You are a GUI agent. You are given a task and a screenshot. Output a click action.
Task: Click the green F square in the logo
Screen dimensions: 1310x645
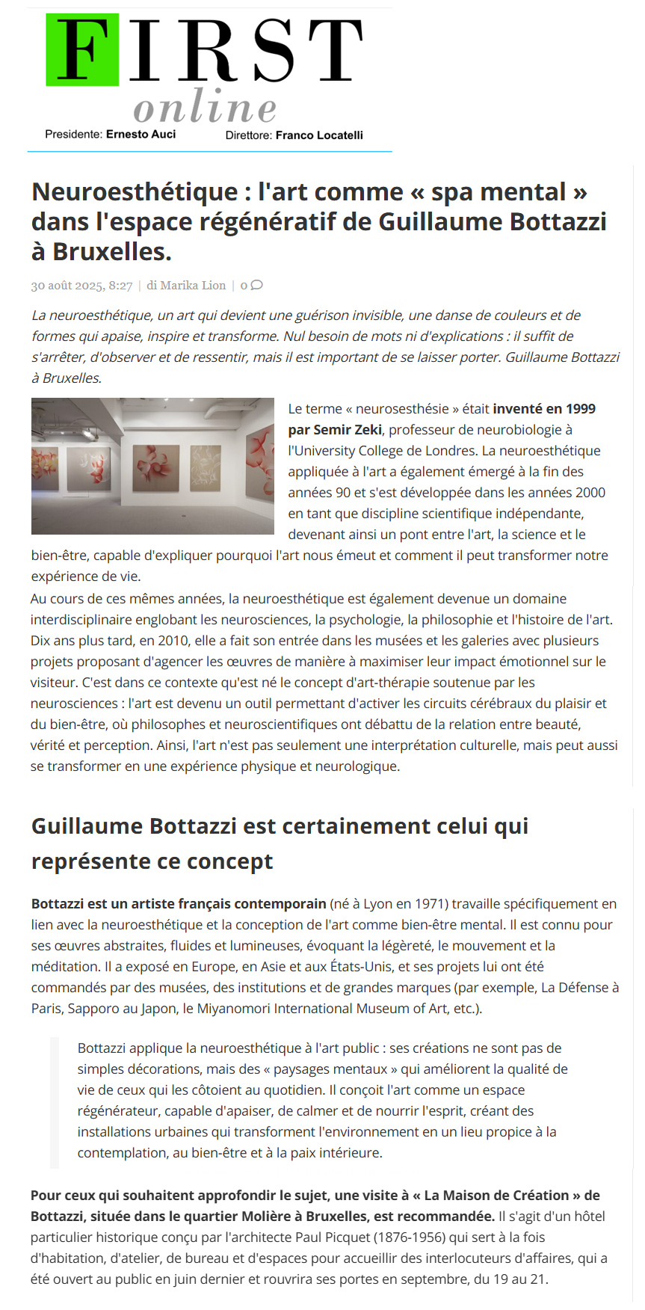point(82,50)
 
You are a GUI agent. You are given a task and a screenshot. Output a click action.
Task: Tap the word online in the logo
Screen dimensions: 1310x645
point(205,107)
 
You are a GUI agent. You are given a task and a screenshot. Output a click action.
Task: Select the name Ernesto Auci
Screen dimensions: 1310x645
point(141,135)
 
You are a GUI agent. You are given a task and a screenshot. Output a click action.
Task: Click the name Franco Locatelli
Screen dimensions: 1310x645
point(319,135)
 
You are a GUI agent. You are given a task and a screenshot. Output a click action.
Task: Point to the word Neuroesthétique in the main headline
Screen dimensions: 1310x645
point(135,192)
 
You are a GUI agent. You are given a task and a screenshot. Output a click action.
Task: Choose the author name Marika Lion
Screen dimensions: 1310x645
point(193,286)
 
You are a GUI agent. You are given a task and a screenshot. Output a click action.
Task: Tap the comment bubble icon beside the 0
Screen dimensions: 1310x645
point(257,285)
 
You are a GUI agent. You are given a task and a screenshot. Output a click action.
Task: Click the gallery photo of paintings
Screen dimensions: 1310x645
point(152,466)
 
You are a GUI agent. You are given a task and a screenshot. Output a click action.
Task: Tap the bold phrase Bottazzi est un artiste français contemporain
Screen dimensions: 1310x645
point(179,904)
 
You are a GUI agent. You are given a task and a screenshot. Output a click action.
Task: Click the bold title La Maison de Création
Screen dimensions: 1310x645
point(496,1196)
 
